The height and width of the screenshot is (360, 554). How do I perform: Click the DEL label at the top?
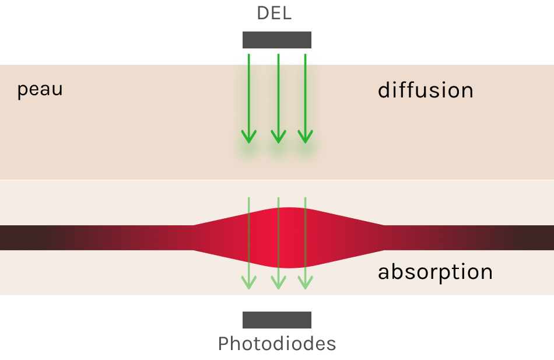pyautogui.click(x=274, y=13)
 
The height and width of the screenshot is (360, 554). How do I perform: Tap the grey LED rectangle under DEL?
pyautogui.click(x=277, y=40)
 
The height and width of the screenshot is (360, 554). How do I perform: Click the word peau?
pyautogui.click(x=40, y=90)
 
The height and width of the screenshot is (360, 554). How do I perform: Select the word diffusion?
pyautogui.click(x=425, y=90)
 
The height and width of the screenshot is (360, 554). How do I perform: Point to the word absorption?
pyautogui.click(x=435, y=272)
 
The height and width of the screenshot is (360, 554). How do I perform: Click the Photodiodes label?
pyautogui.click(x=277, y=344)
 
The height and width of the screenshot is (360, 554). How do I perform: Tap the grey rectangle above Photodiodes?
pyautogui.click(x=277, y=320)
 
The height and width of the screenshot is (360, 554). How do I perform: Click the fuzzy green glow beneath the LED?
pyautogui.click(x=277, y=58)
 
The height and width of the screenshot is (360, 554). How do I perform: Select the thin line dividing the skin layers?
pyautogui.click(x=117, y=180)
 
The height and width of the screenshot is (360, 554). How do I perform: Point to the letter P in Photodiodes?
pyautogui.click(x=224, y=344)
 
